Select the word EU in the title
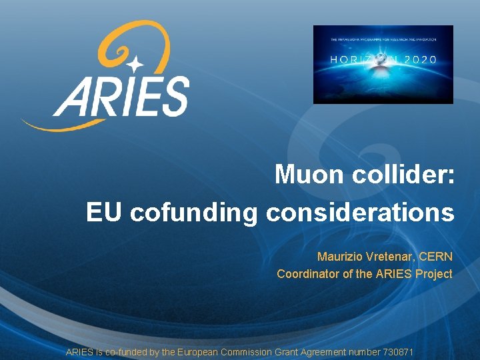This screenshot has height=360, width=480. pos(105,213)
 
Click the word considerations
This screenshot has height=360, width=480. pos(360,213)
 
